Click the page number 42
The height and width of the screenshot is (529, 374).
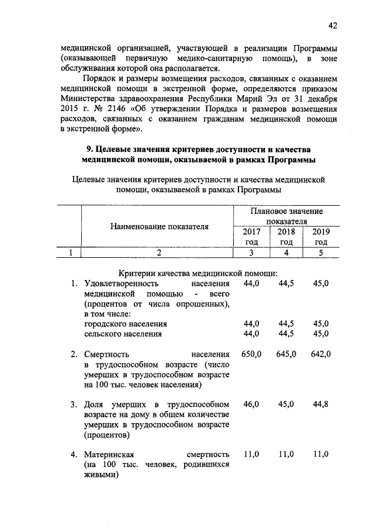pos(333,25)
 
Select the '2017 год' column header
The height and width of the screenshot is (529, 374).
pos(251,237)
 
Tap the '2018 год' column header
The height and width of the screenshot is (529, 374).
pos(286,237)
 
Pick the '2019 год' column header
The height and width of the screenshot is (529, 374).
pos(321,237)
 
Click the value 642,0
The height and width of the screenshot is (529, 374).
pos(321,354)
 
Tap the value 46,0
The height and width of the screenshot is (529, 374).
pos(251,404)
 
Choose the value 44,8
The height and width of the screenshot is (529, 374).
pos(321,404)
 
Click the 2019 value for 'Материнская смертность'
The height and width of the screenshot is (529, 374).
pos(321,454)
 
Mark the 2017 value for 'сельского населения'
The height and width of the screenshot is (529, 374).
pos(251,334)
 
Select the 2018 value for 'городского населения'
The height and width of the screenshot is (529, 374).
pos(286,323)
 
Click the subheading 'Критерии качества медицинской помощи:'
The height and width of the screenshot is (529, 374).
pos(198,272)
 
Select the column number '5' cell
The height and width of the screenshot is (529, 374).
pos(321,253)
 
